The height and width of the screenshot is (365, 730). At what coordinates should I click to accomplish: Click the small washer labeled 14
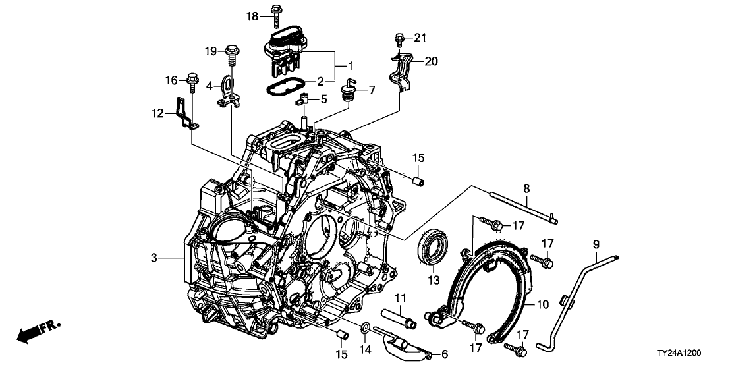365,327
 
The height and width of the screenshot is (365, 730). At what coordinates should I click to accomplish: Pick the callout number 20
430,61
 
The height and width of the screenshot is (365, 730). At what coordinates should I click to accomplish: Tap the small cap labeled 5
304,99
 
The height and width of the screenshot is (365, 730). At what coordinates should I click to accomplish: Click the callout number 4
210,86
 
